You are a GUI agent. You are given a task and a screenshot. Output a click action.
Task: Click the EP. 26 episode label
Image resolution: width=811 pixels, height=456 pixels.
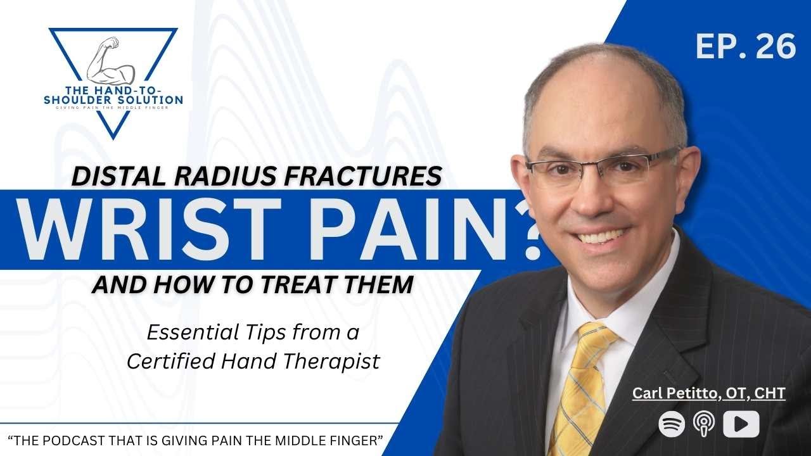[x=745, y=47]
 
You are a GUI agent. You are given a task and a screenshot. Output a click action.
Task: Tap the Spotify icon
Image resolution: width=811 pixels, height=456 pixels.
[x=672, y=424]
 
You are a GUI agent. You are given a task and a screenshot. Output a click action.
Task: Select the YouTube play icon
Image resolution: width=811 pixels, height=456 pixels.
[x=741, y=424]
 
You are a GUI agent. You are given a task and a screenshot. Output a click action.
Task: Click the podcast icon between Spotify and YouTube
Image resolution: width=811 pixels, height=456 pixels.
[x=705, y=424]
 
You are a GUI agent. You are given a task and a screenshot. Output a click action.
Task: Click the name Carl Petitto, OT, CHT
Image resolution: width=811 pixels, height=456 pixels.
[x=708, y=393]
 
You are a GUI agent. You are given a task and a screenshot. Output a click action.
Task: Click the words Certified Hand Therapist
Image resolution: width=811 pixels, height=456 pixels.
[x=253, y=361]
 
